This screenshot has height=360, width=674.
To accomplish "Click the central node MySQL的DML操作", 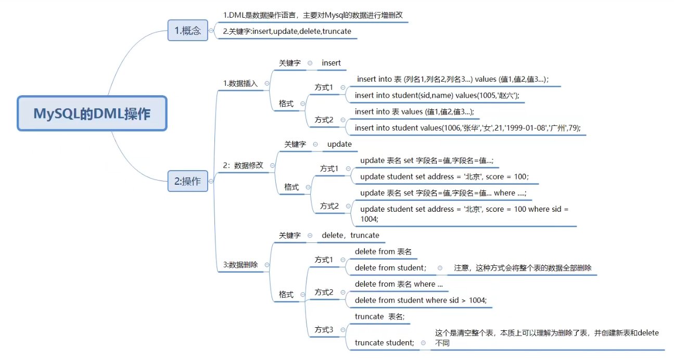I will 92,113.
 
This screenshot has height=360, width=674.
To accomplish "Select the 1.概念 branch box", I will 187,30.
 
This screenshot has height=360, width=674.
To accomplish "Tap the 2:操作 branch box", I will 187,181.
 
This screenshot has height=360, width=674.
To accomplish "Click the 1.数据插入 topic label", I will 240,83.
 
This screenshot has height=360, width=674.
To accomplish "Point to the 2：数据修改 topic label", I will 243,165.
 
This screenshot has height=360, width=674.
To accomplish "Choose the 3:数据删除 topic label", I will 240,264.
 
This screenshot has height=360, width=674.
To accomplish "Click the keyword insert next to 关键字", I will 331,63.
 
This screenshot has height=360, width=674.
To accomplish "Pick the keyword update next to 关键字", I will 339,144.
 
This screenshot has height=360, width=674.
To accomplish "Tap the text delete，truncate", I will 350,235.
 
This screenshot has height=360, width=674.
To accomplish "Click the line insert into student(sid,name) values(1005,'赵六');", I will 437,95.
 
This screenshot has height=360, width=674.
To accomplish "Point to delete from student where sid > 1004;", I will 421,300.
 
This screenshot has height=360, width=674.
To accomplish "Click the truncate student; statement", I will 385,342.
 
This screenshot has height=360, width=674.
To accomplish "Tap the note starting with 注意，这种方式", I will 523,267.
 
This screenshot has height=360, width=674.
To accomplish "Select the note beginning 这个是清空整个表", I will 546,338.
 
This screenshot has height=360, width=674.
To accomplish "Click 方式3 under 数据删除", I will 324,329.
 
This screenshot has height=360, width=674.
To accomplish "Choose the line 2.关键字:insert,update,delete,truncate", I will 287,31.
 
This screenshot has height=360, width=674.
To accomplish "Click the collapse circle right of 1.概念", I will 211,31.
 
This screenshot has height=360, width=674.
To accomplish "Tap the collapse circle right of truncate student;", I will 423,343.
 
